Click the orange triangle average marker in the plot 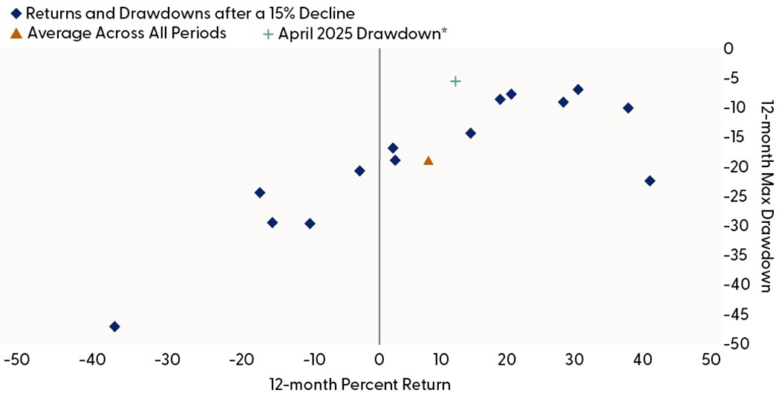coord(428,160)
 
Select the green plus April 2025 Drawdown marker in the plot coord(455,81)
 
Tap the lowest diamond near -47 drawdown coord(114,327)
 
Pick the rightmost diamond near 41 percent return coord(650,181)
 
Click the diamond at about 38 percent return coord(628,108)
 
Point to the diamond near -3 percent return coord(359,171)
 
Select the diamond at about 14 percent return coord(470,134)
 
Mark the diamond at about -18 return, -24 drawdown coord(260,193)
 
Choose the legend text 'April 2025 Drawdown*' coord(362,33)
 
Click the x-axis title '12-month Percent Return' coord(359,383)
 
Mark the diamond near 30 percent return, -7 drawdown coord(578,90)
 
